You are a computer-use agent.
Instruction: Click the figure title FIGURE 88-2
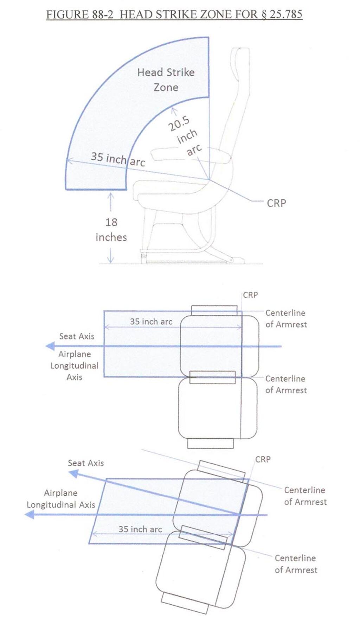(x=80, y=14)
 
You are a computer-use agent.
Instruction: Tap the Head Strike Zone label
(x=166, y=80)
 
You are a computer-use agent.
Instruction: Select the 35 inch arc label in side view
(x=118, y=159)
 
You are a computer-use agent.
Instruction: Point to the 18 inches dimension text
(x=111, y=230)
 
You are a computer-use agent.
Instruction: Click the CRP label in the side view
(x=276, y=203)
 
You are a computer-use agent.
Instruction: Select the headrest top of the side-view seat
(x=240, y=50)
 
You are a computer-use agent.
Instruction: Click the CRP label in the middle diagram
(x=250, y=295)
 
